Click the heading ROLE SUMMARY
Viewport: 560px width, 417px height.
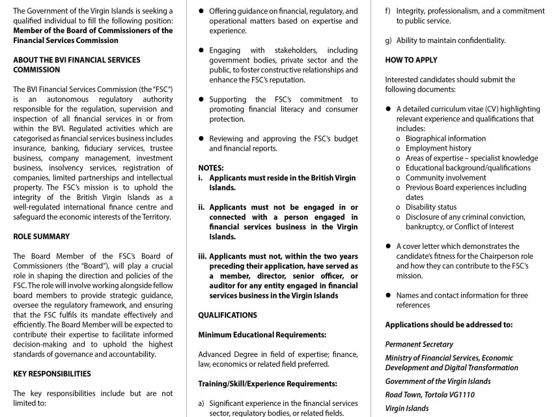41,237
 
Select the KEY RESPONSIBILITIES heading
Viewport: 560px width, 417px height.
52,374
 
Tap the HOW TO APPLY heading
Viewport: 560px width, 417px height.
411,60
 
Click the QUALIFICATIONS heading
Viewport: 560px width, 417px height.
227,315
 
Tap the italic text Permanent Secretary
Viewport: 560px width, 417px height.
419,344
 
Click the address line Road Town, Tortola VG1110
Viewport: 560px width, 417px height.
430,395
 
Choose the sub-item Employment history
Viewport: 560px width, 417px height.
438,148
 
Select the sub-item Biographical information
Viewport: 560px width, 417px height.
445,138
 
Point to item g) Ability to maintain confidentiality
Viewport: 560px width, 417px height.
451,40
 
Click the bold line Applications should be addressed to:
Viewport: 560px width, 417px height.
449,324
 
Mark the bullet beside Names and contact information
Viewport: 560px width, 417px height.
389,295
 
